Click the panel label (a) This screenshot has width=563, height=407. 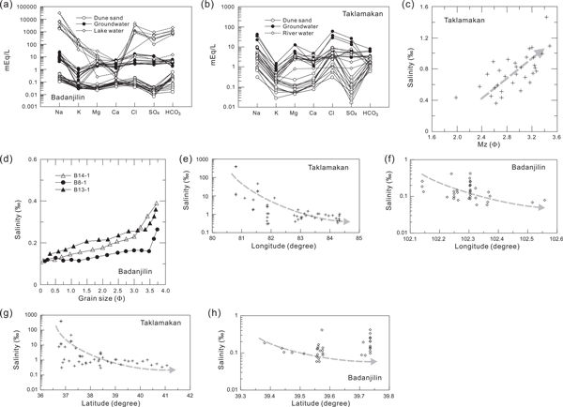[11, 7]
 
